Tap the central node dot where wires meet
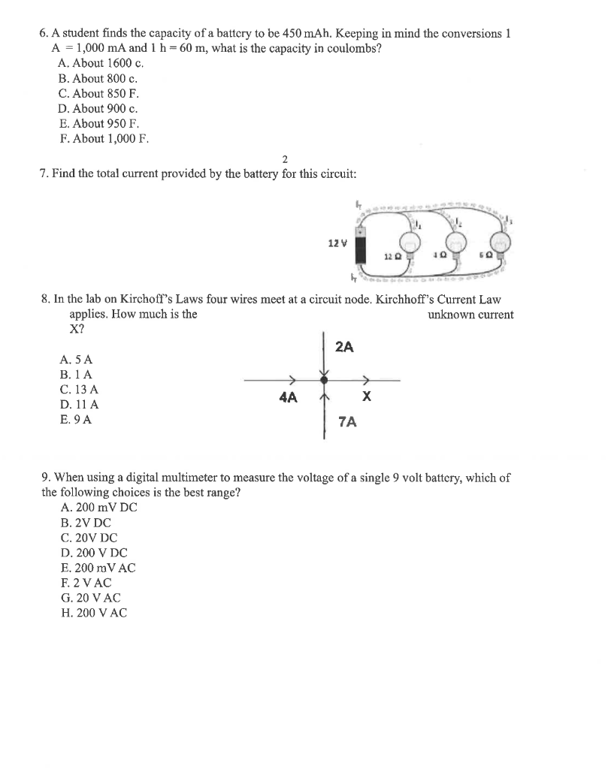(x=324, y=381)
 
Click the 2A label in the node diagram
(x=344, y=347)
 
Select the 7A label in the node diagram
(x=347, y=422)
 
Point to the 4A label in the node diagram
(x=287, y=397)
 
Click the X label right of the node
(x=366, y=397)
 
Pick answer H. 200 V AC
(x=93, y=613)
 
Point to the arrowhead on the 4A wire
(x=294, y=381)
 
